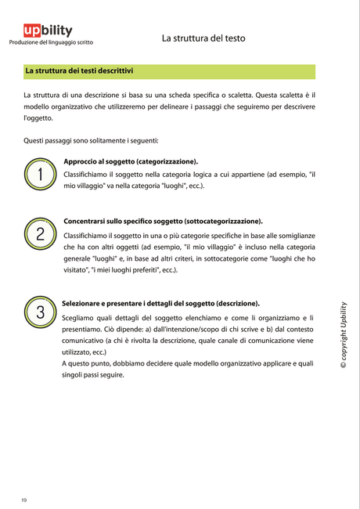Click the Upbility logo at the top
tap(48, 30)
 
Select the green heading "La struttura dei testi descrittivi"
tap(79, 71)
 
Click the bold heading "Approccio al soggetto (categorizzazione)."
tap(130, 161)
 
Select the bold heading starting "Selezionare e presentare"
tap(161, 303)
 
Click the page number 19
tap(24, 500)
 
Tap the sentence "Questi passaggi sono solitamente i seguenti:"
tap(91, 141)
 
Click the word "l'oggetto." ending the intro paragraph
tap(38, 117)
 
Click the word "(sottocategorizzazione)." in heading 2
tap(224, 222)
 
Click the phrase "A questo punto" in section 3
tap(88, 363)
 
